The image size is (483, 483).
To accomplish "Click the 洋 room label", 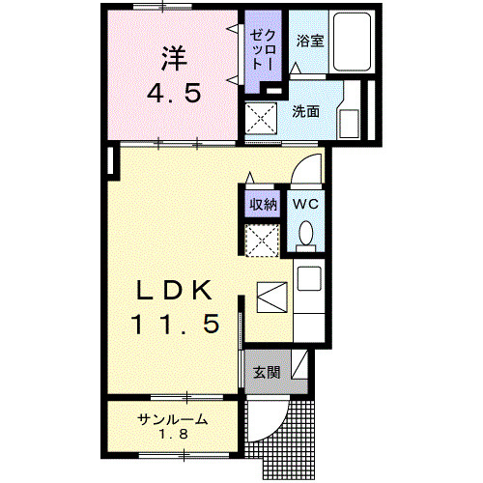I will (x=173, y=60).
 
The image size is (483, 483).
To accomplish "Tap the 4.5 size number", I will (x=174, y=95).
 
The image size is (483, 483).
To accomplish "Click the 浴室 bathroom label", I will (x=309, y=42).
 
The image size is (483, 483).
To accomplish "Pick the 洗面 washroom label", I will (x=306, y=110).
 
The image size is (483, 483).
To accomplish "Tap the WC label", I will (x=306, y=204).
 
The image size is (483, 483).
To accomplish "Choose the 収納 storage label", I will (x=264, y=204).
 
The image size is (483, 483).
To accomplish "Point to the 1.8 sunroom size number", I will (x=174, y=438).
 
